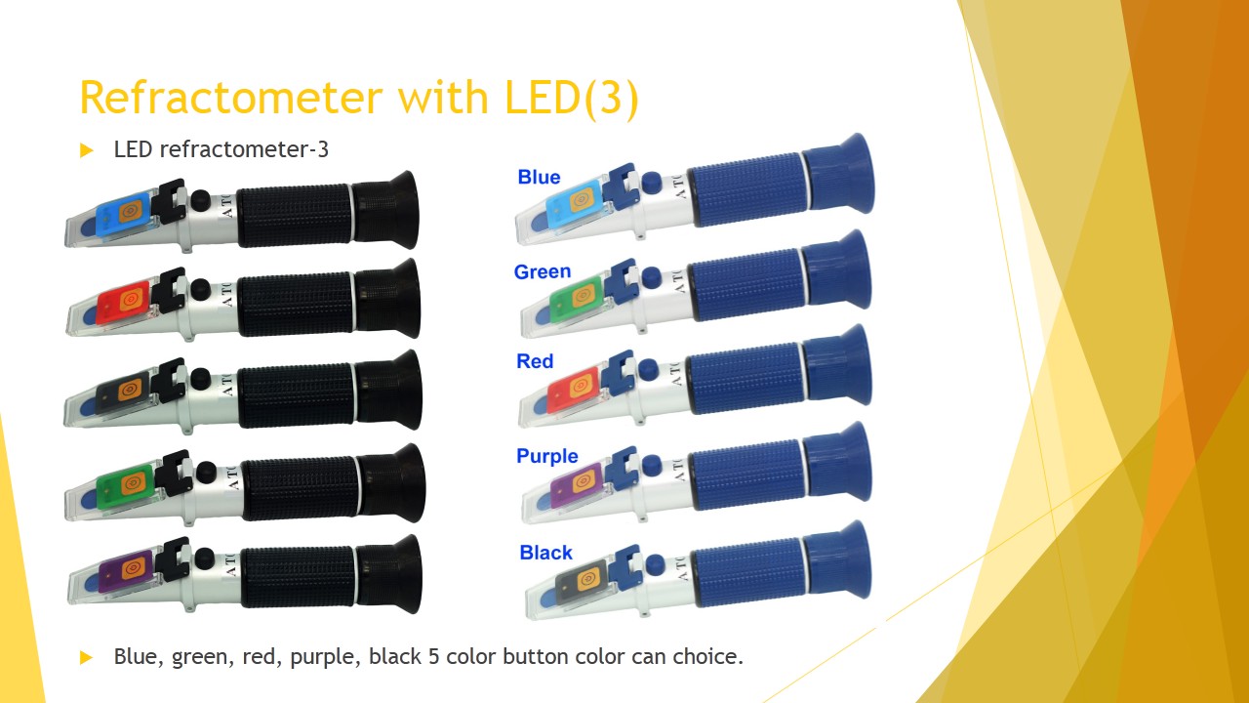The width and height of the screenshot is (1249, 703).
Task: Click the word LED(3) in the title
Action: point(572,99)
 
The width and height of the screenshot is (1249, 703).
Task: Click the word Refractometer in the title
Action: point(231,99)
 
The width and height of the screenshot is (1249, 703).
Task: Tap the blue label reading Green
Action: point(543,271)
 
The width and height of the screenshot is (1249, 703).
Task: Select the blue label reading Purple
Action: point(547,456)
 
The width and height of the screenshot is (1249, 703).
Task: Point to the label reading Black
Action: point(545,553)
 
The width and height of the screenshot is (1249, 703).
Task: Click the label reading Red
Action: point(535,361)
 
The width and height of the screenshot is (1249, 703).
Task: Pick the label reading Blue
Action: point(540,177)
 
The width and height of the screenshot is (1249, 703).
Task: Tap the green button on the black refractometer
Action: point(125,487)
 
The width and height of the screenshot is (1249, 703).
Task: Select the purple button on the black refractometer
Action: point(126,571)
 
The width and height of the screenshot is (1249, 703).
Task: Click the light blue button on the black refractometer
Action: point(124,213)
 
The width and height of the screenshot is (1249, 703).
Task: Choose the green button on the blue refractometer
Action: point(577,299)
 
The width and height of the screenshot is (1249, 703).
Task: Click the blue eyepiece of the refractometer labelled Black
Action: point(837,561)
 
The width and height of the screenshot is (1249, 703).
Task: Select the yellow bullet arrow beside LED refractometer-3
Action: point(86,150)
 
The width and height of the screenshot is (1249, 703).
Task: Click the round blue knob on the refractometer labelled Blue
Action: point(651,183)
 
